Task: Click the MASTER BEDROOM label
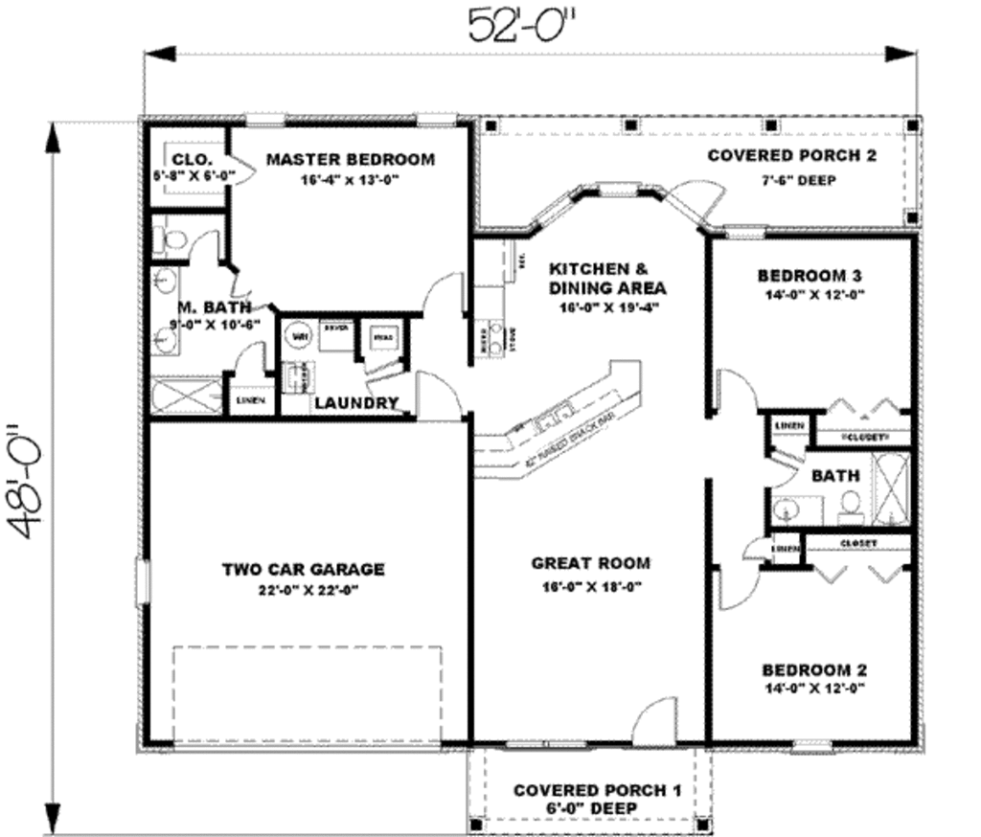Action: coord(350,159)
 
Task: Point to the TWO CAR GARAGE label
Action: coord(303,569)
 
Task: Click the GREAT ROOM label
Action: coord(590,563)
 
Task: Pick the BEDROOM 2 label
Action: coord(813,669)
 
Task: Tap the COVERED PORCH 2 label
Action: coord(790,155)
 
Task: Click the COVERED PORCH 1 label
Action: coord(597,790)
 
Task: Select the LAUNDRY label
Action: coord(356,403)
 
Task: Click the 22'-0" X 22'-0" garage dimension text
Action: coord(303,590)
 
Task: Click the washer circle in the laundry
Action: coord(298,337)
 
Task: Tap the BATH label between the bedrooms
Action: coord(835,475)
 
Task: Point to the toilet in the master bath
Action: coord(171,240)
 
